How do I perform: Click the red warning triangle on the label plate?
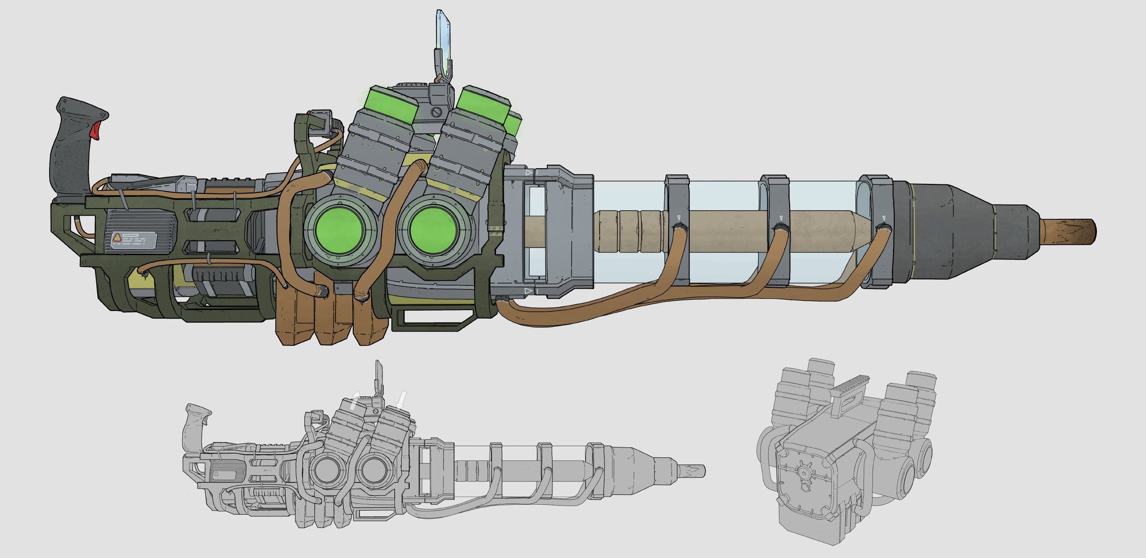pyautogui.click(x=117, y=238)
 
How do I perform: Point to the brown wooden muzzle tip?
pyautogui.click(x=1070, y=232)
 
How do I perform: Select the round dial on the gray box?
pyautogui.click(x=804, y=473)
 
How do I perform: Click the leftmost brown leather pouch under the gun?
pyautogui.click(x=294, y=318)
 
